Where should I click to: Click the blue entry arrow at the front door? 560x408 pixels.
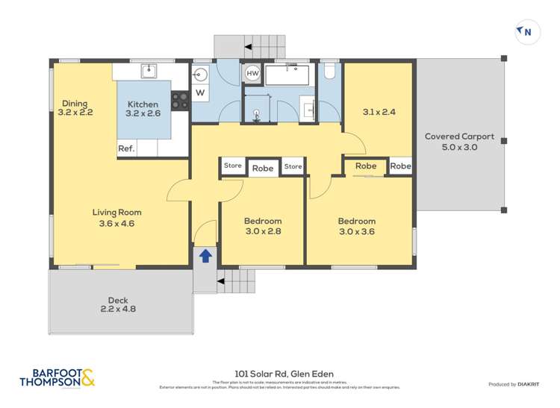[205, 256]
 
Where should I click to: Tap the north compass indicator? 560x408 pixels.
[526, 31]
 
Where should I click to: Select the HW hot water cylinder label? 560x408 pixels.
[252, 74]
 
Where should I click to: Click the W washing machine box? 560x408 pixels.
[199, 92]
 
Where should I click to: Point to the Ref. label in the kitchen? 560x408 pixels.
[126, 149]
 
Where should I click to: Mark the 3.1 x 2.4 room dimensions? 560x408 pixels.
[379, 112]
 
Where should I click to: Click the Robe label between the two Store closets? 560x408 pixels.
[262, 169]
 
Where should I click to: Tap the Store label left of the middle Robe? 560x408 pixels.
[233, 166]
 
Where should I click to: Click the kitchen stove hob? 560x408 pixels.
[180, 100]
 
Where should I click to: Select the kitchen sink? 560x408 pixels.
[149, 71]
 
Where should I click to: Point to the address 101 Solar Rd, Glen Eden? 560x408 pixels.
[280, 374]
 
